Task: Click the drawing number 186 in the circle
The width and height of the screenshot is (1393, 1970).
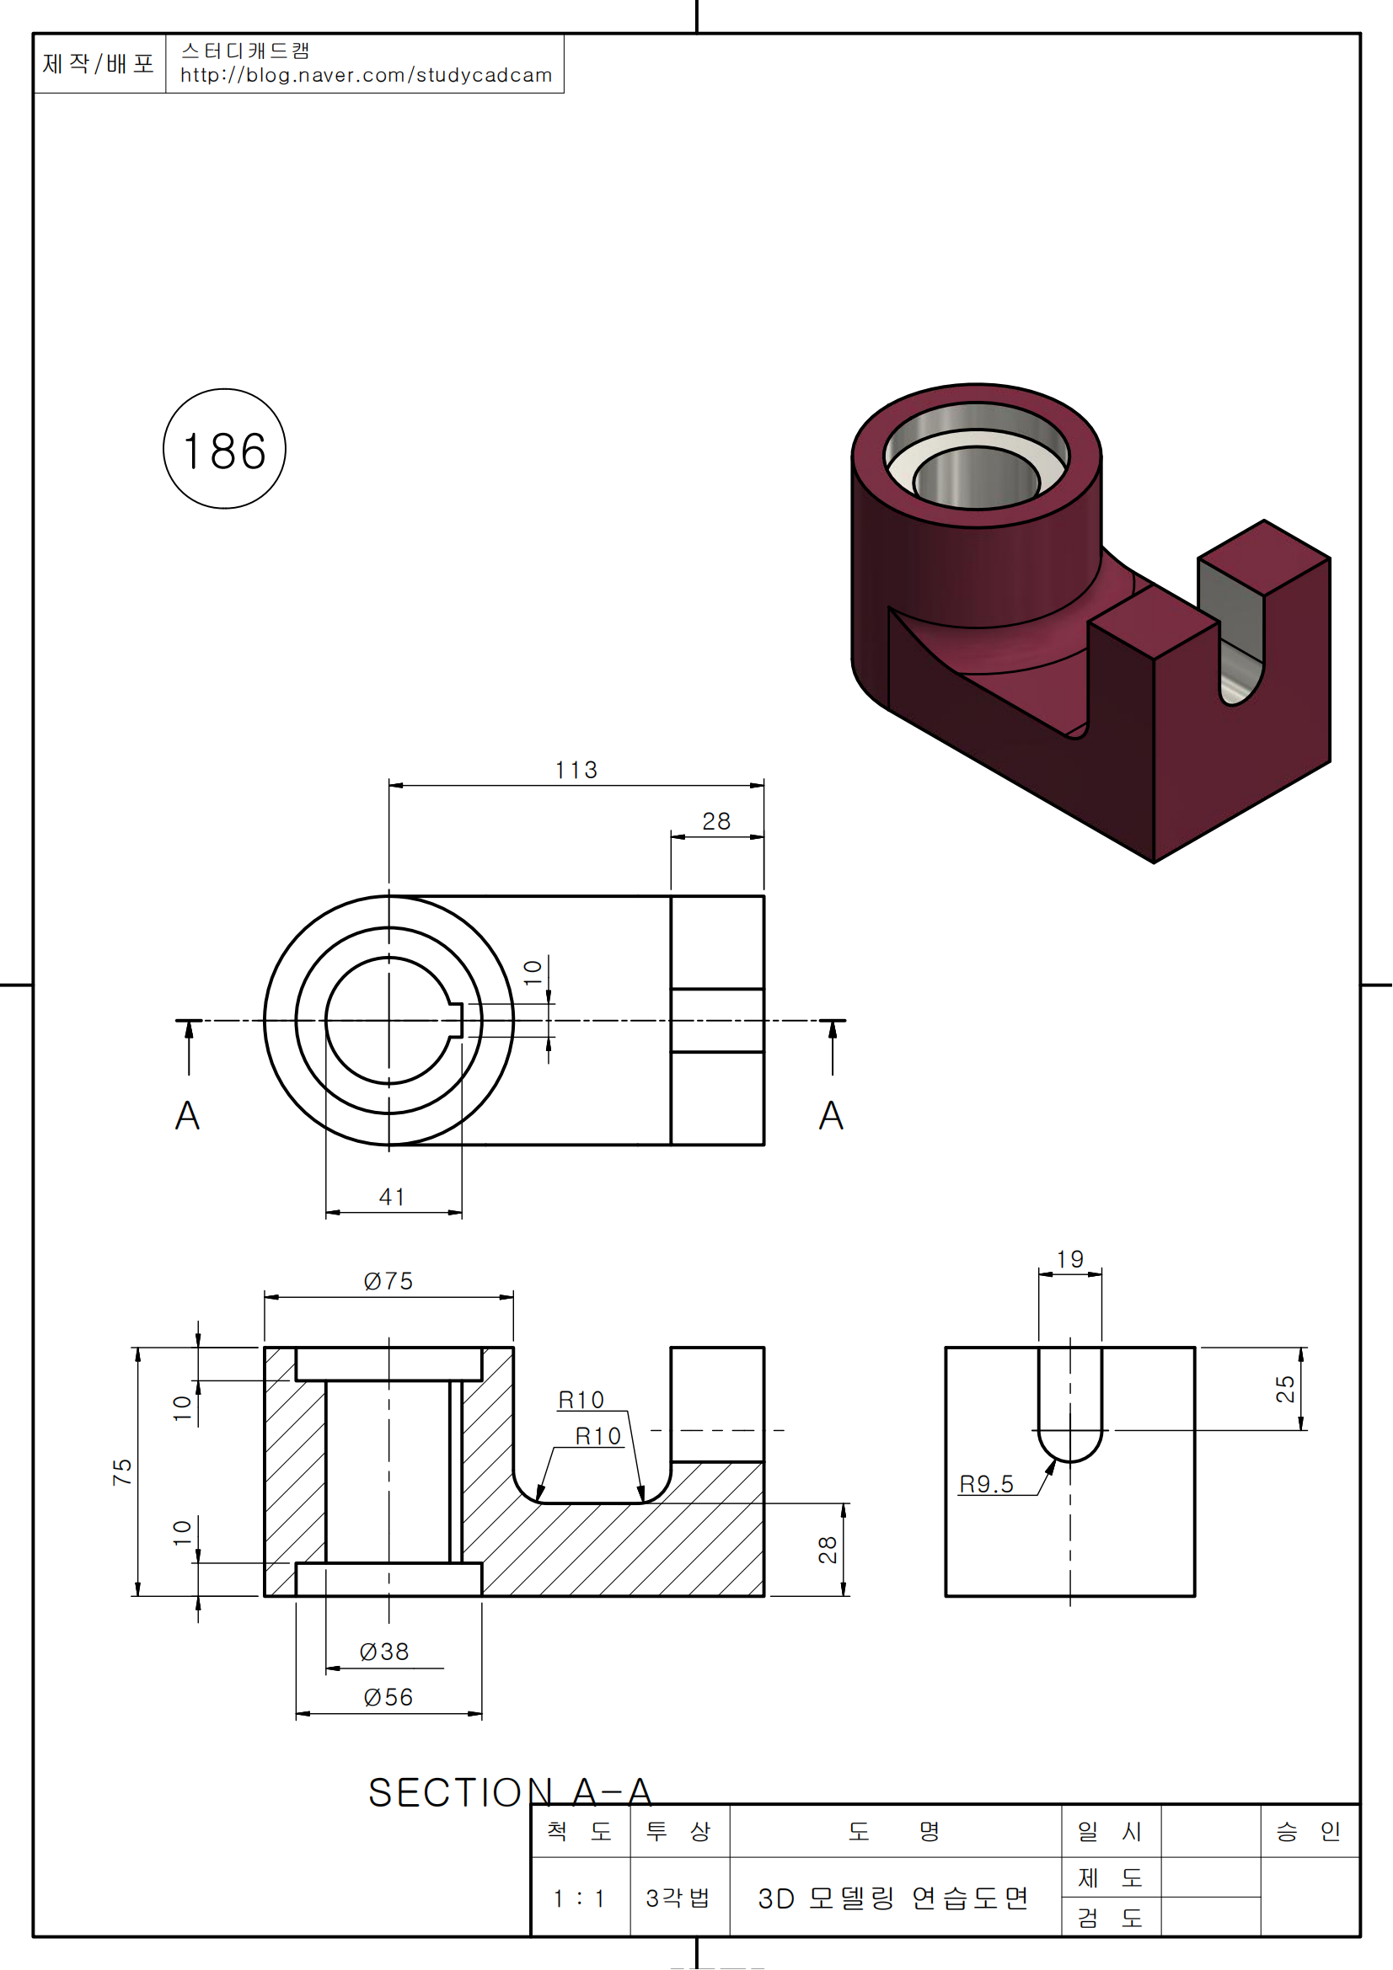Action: pos(224,451)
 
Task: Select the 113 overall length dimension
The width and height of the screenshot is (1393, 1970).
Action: pos(576,770)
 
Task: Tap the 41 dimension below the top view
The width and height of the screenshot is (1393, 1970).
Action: pos(392,1196)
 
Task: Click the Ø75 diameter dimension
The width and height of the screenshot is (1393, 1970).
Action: pos(388,1281)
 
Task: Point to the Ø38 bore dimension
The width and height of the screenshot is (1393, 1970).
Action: pos(383,1652)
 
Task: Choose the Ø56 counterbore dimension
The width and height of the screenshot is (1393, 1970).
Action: pos(388,1697)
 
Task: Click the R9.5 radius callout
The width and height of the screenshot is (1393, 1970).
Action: pos(986,1483)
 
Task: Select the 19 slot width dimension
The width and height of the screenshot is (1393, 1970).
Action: pos(1069,1259)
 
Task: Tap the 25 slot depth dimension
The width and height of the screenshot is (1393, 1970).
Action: pos(1285,1388)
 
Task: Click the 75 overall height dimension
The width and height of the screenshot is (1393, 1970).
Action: pos(122,1471)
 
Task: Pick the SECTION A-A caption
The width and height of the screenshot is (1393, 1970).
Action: pos(510,1792)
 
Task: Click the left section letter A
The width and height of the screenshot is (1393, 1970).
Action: pos(187,1115)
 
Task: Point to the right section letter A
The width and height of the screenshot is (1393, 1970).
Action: pos(831,1115)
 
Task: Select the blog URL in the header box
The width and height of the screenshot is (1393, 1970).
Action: pos(366,76)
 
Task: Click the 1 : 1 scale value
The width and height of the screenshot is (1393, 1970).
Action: pos(579,1898)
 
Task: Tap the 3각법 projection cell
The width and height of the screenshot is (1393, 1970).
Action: pos(678,1898)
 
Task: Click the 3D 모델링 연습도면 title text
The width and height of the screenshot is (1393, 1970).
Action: pos(893,1898)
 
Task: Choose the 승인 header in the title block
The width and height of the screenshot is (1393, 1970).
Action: pos(1308,1832)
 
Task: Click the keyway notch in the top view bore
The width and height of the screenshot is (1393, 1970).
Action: pos(456,1020)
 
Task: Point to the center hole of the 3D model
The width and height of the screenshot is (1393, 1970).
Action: pos(976,478)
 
